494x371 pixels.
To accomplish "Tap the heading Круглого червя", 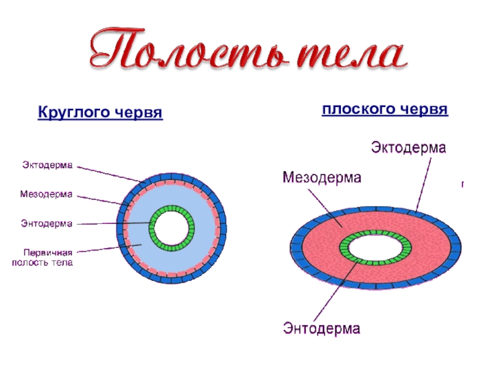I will pyautogui.click(x=100, y=113).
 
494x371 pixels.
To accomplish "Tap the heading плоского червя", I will pyautogui.click(x=384, y=109).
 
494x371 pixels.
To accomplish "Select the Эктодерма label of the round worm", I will pyautogui.click(x=48, y=165).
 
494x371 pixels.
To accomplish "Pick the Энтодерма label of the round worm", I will pyautogui.click(x=47, y=224).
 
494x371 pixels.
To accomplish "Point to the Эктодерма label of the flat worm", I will pyautogui.click(x=408, y=148).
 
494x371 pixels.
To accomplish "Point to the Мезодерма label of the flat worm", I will pyautogui.click(x=322, y=177).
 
